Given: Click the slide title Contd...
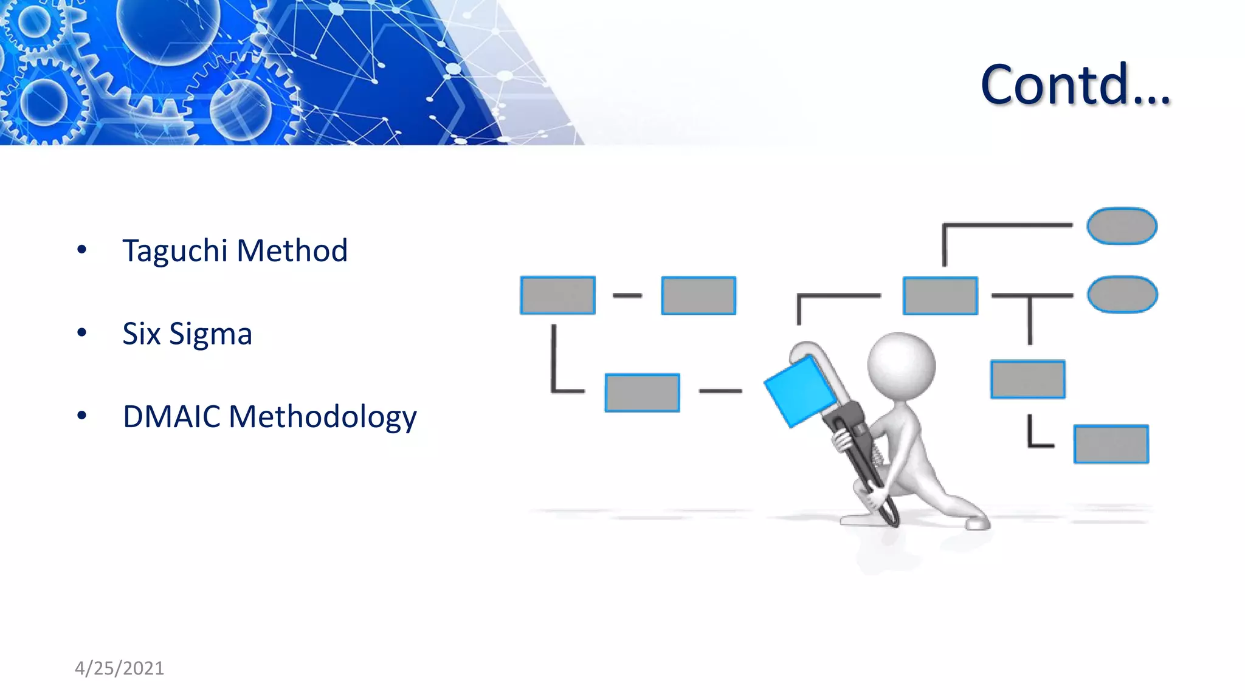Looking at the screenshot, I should pos(1075,84).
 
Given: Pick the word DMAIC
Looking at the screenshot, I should pos(171,417).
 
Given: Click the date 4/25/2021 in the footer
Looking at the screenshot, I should pos(119,668).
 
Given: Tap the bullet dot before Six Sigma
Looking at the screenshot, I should pos(82,332).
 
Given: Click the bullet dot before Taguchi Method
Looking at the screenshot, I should pos(82,249).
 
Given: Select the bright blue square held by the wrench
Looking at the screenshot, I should pos(800,391).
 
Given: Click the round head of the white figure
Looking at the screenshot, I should pos(900,365).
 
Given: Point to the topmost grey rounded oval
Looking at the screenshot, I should pos(1122,226).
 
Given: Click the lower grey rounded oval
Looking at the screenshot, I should pos(1122,295).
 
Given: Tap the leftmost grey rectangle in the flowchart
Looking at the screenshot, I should pos(557,295).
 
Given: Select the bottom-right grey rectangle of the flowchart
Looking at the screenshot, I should pos(1111,444).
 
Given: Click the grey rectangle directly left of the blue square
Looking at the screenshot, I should pos(642,393).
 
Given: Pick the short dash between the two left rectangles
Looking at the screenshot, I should pos(627,295).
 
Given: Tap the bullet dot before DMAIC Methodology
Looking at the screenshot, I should pos(82,416).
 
